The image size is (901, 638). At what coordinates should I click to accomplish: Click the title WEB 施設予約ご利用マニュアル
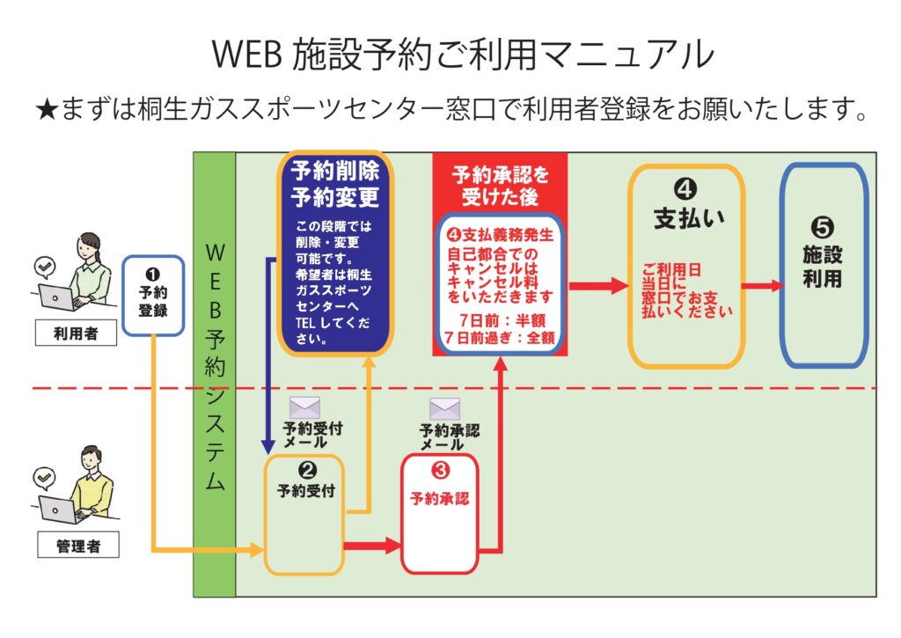tap(461, 55)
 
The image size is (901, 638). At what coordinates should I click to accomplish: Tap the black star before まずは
tap(46, 111)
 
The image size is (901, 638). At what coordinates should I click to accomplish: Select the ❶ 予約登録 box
tap(153, 296)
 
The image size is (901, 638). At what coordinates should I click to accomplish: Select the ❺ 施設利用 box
tap(823, 264)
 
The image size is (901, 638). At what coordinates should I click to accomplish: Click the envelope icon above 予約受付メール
tap(305, 408)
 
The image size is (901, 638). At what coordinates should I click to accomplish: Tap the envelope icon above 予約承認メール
tap(444, 408)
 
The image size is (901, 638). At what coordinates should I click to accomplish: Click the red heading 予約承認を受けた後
tap(499, 185)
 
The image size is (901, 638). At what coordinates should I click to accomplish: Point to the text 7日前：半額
tap(499, 319)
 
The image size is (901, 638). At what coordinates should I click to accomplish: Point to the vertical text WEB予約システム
tap(215, 370)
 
